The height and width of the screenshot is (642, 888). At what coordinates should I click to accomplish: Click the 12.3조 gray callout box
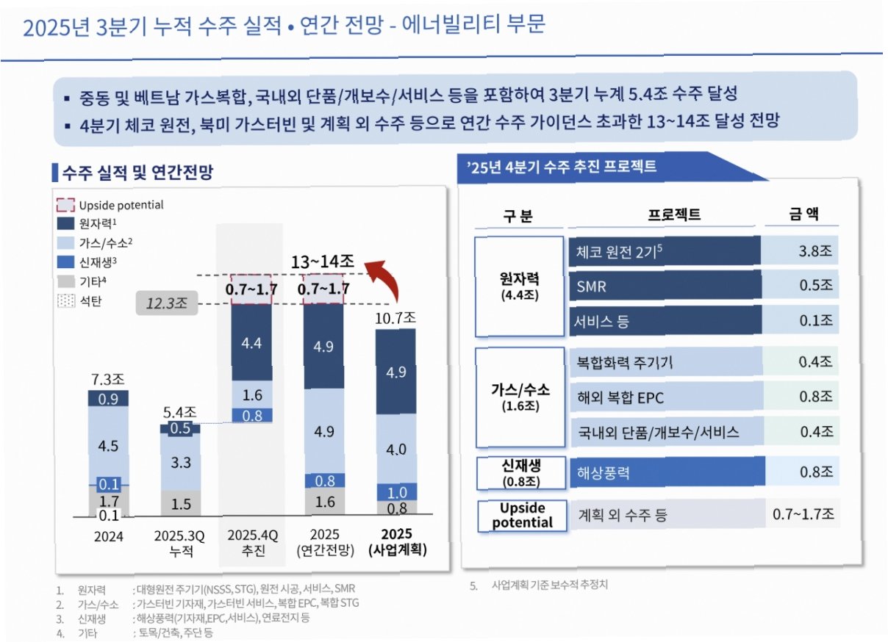coord(166,303)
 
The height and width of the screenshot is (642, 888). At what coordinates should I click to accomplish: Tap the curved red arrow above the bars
coord(387,277)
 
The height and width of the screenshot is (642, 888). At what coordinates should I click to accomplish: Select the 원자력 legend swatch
coord(65,223)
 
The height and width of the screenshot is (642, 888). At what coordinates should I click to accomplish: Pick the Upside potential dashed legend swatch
coord(65,205)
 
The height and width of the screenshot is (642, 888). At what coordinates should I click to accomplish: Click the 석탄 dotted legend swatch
coord(66,301)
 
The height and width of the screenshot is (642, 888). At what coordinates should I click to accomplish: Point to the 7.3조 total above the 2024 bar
coord(108,380)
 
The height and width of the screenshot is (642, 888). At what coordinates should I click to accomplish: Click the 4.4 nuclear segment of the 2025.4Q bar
coord(251,342)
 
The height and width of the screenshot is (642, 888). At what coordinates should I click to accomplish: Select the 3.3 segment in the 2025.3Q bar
coord(180,462)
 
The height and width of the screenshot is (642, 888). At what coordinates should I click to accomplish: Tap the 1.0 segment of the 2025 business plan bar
coord(396,492)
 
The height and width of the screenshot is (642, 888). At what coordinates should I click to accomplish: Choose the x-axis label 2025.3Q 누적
coord(179,543)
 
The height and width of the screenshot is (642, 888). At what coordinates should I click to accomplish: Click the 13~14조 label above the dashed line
coord(322,262)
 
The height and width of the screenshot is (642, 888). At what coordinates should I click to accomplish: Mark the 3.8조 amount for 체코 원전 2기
coord(815,250)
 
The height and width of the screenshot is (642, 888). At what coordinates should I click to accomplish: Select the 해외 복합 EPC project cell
coord(666,397)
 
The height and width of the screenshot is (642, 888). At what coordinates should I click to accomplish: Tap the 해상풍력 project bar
coord(667,472)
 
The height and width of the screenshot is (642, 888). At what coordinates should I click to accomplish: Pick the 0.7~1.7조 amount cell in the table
coord(803,513)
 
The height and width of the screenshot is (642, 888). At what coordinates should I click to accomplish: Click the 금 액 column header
coord(803,214)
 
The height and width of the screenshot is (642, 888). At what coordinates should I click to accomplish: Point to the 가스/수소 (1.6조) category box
coord(520,397)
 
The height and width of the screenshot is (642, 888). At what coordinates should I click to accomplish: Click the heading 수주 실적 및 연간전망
coord(137,173)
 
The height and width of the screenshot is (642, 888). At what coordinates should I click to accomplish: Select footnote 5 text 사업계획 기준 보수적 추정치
coord(549,585)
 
